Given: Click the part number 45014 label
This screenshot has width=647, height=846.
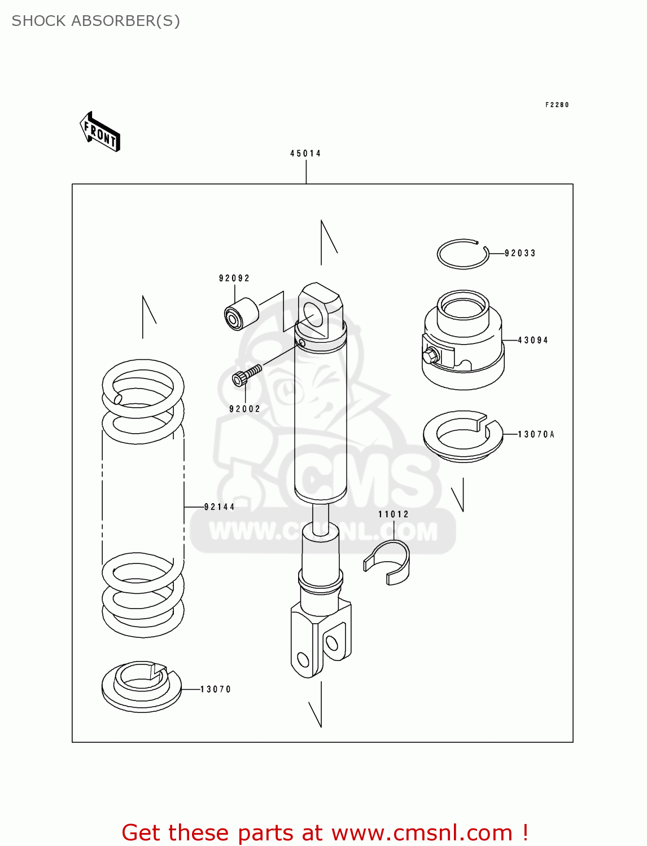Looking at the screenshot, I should pos(305,153).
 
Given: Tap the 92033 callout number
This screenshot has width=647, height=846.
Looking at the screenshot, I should pos(520,253).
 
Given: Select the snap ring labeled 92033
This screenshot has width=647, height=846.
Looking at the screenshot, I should pos(462,254).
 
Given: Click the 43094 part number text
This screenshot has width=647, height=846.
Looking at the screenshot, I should pos(533,340).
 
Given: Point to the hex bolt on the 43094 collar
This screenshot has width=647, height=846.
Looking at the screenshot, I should pos(430,355).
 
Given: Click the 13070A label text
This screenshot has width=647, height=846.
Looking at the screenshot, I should pos(536,434).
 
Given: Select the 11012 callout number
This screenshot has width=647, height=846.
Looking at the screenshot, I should pos(394,514).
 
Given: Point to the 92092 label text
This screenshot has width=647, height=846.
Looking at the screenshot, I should pos(234,278).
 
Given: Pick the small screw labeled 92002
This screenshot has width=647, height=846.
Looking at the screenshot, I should pos(247,374).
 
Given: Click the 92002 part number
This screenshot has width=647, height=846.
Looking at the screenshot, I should pos(245,409).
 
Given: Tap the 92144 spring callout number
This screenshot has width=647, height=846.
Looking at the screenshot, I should pos(220,507).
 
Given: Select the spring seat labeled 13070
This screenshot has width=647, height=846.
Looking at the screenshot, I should pos(141,686).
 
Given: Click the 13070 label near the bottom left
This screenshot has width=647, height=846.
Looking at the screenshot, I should pos(216,689).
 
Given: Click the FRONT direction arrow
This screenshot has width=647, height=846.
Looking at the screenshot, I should pos(100,133).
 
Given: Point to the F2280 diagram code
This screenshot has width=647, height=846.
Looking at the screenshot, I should pos(557,105).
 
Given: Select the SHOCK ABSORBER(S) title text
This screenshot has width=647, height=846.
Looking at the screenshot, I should pos(96,21).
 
